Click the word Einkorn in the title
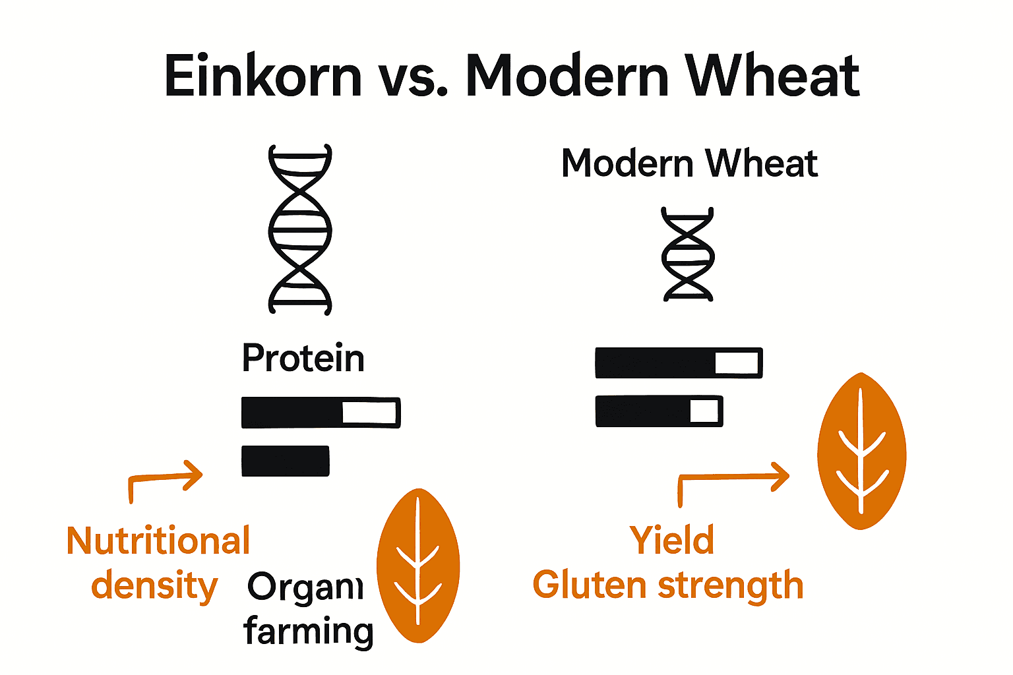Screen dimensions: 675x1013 click(x=262, y=76)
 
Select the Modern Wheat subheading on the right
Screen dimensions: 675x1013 click(x=689, y=163)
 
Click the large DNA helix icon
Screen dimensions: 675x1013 click(x=300, y=229)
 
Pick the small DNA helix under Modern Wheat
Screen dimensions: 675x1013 click(x=688, y=254)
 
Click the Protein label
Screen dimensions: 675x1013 click(x=303, y=359)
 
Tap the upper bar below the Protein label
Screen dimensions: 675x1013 click(x=321, y=413)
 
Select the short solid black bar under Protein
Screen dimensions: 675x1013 click(x=286, y=461)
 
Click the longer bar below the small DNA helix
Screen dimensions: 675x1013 click(x=679, y=363)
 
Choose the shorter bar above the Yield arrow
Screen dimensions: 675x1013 click(x=659, y=411)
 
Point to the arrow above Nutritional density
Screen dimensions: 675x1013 click(x=166, y=478)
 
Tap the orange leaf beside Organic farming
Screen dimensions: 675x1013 click(x=418, y=566)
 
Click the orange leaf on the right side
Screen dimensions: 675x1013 click(x=861, y=452)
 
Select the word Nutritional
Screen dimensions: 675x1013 click(x=158, y=541)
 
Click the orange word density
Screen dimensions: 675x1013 click(x=154, y=586)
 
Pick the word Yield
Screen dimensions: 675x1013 click(x=671, y=541)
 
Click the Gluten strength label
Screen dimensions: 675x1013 click(x=667, y=585)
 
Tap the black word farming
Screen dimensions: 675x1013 click(x=309, y=631)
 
